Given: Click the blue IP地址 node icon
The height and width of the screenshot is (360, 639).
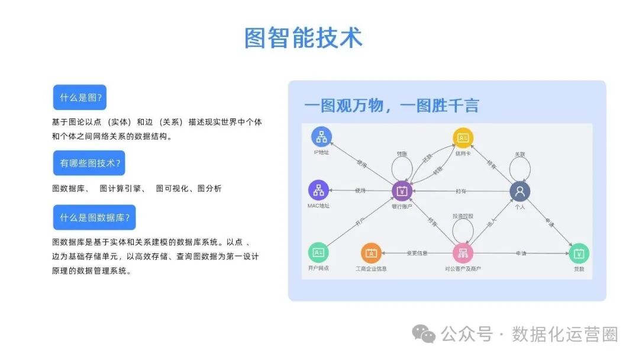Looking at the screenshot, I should [321, 137].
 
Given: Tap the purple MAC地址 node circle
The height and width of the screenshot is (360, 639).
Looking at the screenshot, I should [318, 190].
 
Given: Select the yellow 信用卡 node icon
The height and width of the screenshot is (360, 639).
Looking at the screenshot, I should [463, 137].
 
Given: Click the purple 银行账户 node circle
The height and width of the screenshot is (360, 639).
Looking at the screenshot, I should [402, 191].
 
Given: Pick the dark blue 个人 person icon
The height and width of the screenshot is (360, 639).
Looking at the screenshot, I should [520, 191].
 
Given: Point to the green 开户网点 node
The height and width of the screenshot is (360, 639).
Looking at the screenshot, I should [318, 253].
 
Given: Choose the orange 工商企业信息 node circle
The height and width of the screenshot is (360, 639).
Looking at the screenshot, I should [371, 253].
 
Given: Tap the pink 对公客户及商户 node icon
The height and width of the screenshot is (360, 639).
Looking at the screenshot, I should [463, 253].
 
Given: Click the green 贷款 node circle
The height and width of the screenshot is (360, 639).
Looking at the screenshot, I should [579, 253].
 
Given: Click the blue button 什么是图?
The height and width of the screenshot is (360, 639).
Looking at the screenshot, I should [80, 98].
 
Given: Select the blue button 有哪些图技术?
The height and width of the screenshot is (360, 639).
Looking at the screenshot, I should [89, 163].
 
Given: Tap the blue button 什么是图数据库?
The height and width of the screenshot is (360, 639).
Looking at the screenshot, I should [95, 217].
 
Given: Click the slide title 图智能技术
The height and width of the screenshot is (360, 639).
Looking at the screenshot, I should [303, 38].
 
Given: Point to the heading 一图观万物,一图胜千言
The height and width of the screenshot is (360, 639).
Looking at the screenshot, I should [391, 106].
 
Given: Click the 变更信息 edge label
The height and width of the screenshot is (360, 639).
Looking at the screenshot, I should [417, 253].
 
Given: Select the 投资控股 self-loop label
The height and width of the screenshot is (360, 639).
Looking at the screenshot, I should [463, 216].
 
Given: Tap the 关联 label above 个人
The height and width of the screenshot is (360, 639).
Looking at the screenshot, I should [520, 154].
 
